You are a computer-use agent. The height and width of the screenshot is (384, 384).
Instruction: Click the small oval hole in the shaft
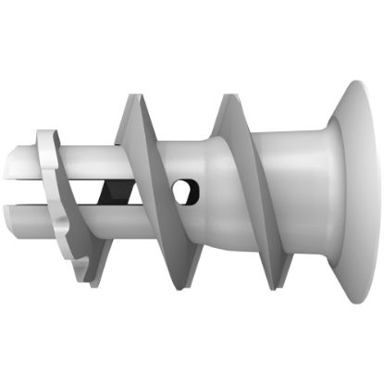(185, 192)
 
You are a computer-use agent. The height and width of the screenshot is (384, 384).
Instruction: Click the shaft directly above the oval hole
(185, 157)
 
